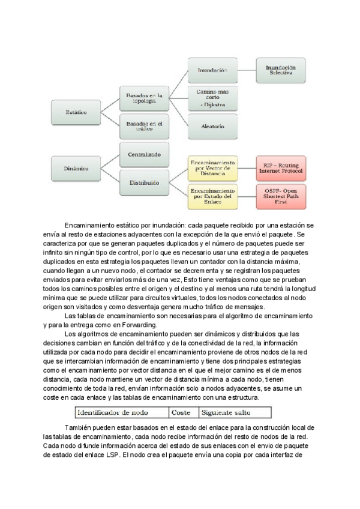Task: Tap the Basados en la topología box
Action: [x=144, y=97]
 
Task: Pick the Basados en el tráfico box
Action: [x=144, y=125]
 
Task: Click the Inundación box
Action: [x=212, y=70]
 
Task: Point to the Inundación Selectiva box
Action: [x=280, y=70]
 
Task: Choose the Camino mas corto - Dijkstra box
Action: [x=212, y=98]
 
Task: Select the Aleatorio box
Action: [x=212, y=127]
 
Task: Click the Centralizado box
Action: [x=144, y=154]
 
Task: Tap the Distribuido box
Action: [x=144, y=182]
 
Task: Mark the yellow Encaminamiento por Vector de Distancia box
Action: [x=212, y=169]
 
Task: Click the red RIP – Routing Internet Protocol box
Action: [x=281, y=169]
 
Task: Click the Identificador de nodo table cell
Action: [x=121, y=412]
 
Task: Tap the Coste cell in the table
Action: [x=182, y=412]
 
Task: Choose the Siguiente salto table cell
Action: [x=226, y=412]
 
